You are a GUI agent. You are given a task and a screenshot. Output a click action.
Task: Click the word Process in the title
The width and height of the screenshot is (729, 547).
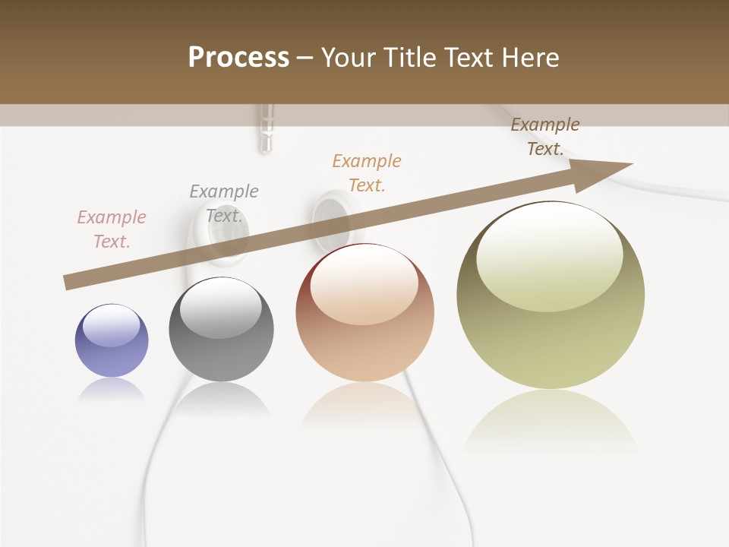click(238, 58)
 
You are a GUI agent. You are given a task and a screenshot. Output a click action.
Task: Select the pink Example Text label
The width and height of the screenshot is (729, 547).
click(112, 229)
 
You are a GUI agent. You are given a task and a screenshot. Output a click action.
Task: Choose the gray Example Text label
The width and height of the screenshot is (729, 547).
click(224, 204)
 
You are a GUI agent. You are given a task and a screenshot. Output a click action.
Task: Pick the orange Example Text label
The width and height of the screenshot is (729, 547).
click(367, 173)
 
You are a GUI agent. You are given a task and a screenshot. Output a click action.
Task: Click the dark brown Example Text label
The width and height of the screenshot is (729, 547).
click(545, 137)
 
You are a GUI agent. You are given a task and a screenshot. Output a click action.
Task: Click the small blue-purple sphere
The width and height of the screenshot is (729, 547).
click(112, 340)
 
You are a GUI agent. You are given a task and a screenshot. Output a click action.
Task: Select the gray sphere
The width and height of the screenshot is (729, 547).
click(221, 329)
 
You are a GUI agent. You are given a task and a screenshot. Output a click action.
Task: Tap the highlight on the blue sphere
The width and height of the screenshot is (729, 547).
click(111, 325)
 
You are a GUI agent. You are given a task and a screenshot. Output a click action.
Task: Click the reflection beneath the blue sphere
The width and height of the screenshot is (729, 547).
click(112, 390)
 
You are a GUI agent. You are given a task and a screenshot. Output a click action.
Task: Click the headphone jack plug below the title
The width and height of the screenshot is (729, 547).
click(265, 129)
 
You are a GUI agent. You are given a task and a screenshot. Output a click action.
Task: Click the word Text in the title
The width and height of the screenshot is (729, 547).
click(470, 58)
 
